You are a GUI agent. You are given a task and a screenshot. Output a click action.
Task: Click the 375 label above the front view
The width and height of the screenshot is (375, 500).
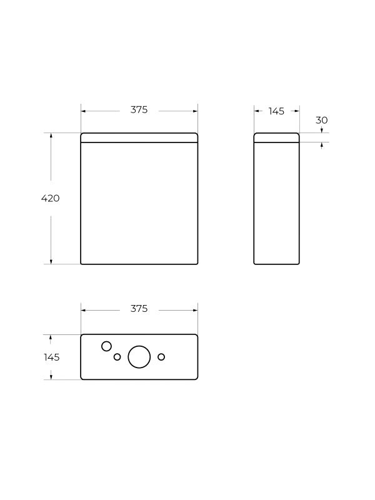tap(139, 110)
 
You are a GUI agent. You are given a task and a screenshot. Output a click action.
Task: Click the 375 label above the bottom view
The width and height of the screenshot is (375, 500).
tap(139, 309)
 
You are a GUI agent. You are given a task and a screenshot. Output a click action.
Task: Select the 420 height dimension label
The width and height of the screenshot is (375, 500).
tap(51, 198)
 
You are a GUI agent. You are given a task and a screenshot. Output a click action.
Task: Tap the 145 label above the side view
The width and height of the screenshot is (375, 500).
tap(276, 111)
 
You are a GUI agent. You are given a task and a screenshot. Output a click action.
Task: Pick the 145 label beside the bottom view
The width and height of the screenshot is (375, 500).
tap(52, 357)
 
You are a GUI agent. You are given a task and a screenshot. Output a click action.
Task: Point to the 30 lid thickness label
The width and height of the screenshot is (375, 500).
tap(322, 120)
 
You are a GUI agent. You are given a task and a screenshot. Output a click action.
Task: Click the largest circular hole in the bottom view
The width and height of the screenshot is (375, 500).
tap(139, 357)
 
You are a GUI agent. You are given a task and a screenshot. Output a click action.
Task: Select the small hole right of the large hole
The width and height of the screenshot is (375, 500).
tap(161, 357)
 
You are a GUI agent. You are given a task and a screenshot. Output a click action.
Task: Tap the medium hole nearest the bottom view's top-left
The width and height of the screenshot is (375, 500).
tap(106, 346)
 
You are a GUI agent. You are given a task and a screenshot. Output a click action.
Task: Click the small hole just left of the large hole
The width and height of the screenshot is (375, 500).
tap(117, 357)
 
